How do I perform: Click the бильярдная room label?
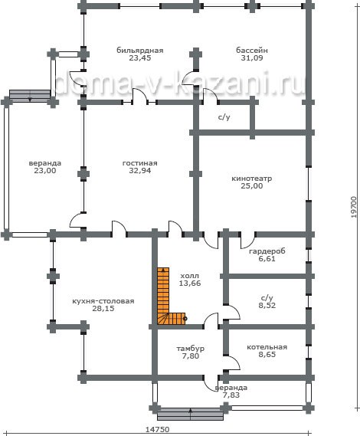tap(140, 51)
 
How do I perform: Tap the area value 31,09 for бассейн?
tap(252, 57)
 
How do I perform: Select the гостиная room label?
tap(140, 163)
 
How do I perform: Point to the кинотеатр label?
tap(252, 179)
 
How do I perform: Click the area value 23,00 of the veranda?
tap(45, 170)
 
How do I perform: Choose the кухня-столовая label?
tap(103, 301)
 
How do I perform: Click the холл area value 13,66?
tap(190, 283)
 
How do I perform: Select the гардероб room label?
tap(267, 251)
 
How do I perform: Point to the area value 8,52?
tap(267, 305)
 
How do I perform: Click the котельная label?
tap(267, 347)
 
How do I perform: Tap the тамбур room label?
tap(191, 349)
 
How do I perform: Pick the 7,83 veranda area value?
tap(231, 395)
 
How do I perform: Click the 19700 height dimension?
tap(353, 207)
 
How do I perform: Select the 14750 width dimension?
tap(157, 430)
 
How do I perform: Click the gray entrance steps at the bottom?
tap(191, 415)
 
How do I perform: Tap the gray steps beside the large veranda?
tap(30, 95)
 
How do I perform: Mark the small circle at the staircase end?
tap(185, 319)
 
